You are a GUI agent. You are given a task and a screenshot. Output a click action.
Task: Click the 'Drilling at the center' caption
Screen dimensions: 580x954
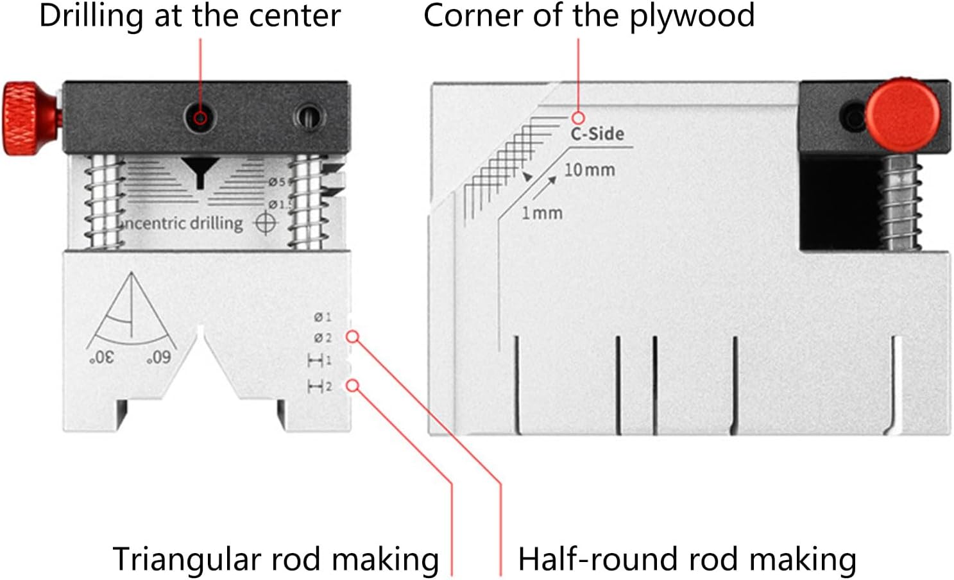pyautogui.click(x=190, y=15)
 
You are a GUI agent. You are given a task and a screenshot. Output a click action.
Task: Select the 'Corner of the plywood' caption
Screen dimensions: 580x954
pyautogui.click(x=589, y=15)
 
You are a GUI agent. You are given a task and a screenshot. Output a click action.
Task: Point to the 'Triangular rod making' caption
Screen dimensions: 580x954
pyautogui.click(x=276, y=559)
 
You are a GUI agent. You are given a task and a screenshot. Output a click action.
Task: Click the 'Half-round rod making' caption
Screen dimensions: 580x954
pyautogui.click(x=687, y=559)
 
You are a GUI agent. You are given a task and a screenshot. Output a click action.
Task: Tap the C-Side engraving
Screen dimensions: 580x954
pyautogui.click(x=597, y=133)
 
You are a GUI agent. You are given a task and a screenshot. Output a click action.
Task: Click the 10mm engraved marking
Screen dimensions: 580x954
pyautogui.click(x=589, y=170)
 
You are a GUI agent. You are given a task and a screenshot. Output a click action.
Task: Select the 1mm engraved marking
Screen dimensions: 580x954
pyautogui.click(x=541, y=212)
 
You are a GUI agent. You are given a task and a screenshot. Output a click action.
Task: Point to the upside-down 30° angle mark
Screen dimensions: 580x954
pyautogui.click(x=102, y=357)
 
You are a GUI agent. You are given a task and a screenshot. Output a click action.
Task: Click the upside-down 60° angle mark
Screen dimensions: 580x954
pyautogui.click(x=158, y=357)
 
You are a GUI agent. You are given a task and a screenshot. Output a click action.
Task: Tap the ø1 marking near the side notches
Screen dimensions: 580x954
pyautogui.click(x=323, y=317)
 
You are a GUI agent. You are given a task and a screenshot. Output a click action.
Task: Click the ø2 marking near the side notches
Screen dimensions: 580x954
pyautogui.click(x=323, y=337)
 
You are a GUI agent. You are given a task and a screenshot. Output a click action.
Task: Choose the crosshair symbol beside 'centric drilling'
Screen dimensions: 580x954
pyautogui.click(x=266, y=223)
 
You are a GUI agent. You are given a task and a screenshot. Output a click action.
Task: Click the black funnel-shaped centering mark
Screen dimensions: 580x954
pyautogui.click(x=200, y=171)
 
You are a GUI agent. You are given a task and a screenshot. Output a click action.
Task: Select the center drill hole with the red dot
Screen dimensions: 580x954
pyautogui.click(x=200, y=118)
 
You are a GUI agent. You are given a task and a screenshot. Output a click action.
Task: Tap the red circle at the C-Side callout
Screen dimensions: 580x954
pyautogui.click(x=578, y=118)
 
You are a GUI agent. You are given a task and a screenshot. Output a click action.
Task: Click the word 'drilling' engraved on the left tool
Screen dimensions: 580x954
pyautogui.click(x=216, y=223)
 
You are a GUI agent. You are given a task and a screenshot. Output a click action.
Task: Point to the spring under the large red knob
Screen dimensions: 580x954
pyautogui.click(x=901, y=202)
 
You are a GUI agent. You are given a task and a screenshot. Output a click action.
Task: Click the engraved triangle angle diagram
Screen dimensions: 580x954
pyautogui.click(x=130, y=311)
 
